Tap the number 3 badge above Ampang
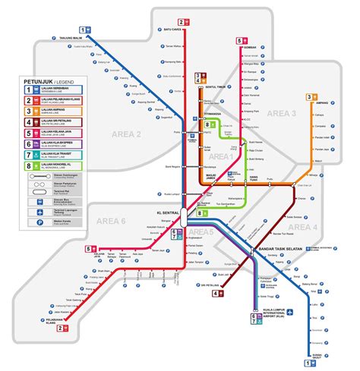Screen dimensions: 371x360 [310, 97]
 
